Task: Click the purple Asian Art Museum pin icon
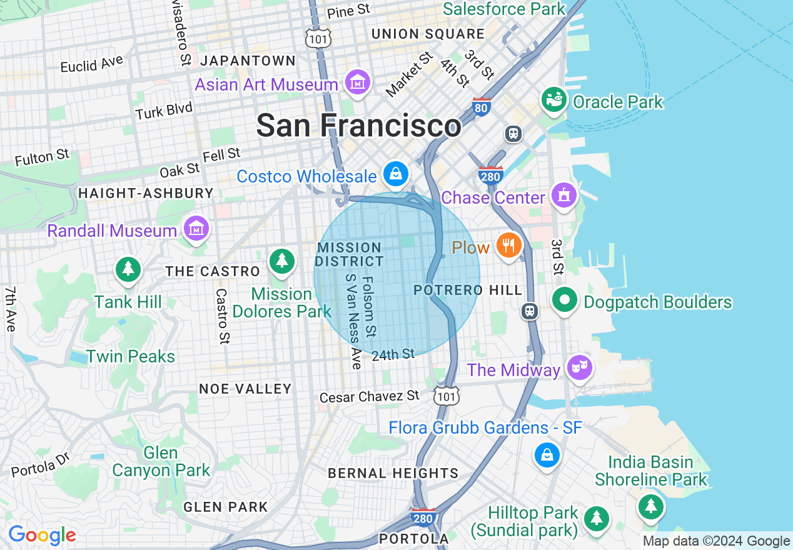pos(357,82)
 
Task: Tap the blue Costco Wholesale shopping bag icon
pos(396,174)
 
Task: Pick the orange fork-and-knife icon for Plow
pos(509,245)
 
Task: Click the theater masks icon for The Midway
pos(580,367)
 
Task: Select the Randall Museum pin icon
pos(196,229)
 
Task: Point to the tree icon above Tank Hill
pos(128,269)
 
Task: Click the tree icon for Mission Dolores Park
pos(282,261)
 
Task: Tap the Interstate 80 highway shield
pos(481,107)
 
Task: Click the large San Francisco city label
pos(358,126)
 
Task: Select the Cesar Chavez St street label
pos(369,397)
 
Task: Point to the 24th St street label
pos(393,355)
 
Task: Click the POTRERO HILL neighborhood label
pos(468,290)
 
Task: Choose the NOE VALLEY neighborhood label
pos(245,389)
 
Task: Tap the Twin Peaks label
pos(131,356)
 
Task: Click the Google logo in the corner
pos(42,535)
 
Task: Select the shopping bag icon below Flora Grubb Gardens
pos(547,455)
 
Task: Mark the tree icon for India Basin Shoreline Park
pos(651,505)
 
